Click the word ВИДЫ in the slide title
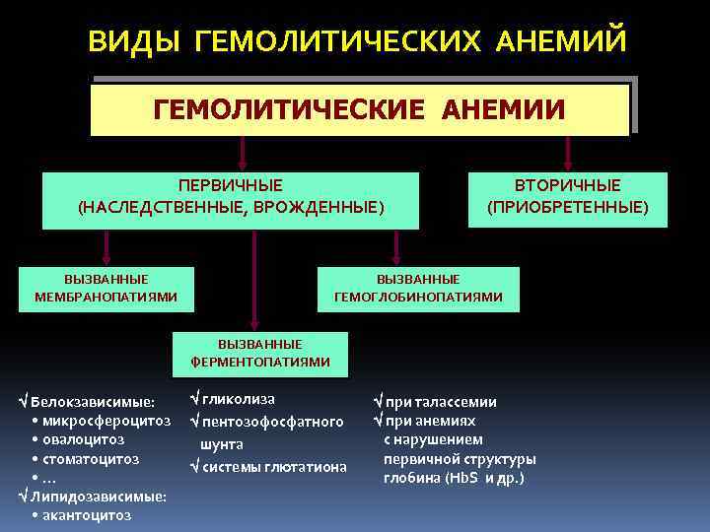tap(135, 41)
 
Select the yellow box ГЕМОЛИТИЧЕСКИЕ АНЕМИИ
tap(359, 109)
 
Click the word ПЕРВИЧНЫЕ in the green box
tap(230, 186)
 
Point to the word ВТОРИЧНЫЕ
tap(568, 186)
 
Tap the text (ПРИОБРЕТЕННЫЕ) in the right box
tap(568, 207)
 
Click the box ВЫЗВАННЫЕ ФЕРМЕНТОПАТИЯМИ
tap(260, 354)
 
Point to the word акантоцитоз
tap(87, 514)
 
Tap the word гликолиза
tap(239, 399)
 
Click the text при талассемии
tap(441, 402)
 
